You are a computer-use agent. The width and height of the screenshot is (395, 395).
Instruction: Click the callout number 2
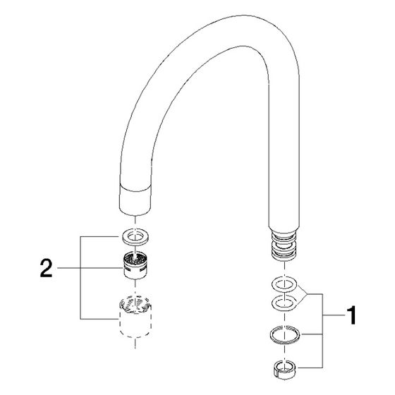pyautogui.click(x=47, y=269)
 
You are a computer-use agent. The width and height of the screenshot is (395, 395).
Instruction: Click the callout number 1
pyautogui.click(x=351, y=315)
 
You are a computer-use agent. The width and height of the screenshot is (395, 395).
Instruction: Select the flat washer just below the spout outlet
pyautogui.click(x=135, y=236)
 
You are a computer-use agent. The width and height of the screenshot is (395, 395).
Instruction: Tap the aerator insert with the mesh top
pyautogui.click(x=135, y=265)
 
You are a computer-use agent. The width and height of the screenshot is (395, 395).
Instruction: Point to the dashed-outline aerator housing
pyautogui.click(x=135, y=316)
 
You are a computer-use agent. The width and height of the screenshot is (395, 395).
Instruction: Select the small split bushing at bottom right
pyautogui.click(x=285, y=370)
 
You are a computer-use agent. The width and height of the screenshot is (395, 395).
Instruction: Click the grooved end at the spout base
pyautogui.click(x=284, y=243)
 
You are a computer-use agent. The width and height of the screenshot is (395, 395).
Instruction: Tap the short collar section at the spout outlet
pyautogui.click(x=135, y=200)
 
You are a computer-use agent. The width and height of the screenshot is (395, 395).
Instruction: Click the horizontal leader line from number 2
pyautogui.click(x=90, y=268)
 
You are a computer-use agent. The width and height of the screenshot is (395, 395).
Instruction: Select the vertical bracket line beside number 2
pyautogui.click(x=80, y=278)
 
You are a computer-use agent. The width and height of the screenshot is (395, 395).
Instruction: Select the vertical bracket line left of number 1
pyautogui.click(x=323, y=331)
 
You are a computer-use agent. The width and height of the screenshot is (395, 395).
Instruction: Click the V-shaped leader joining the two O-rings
pyautogui.click(x=306, y=294)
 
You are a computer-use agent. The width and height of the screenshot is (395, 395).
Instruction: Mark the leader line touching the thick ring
pyautogui.click(x=312, y=334)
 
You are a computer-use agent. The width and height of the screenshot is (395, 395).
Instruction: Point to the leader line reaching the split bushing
pyautogui.click(x=310, y=367)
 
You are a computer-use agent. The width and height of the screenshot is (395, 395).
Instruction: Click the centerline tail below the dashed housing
pyautogui.click(x=135, y=344)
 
